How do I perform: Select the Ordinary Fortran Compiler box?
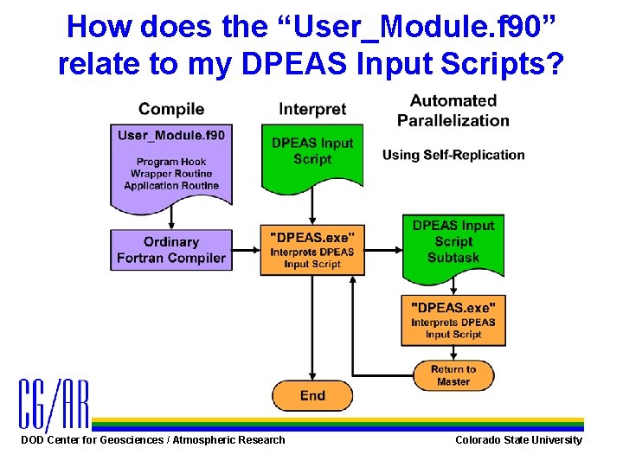(171, 250)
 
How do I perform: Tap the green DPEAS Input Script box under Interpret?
(312, 155)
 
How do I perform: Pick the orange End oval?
(312, 396)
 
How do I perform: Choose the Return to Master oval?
(453, 375)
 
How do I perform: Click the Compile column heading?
(171, 109)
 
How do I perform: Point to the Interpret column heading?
(312, 109)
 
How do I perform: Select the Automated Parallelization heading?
(453, 111)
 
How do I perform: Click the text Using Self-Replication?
(453, 155)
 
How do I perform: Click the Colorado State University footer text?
(518, 440)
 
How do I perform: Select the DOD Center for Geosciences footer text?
(153, 440)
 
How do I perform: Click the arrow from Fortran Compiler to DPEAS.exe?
(247, 250)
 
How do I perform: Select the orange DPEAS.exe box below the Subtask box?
(453, 320)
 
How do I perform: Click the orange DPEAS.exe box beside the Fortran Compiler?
(312, 250)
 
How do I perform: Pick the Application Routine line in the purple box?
(171, 186)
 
